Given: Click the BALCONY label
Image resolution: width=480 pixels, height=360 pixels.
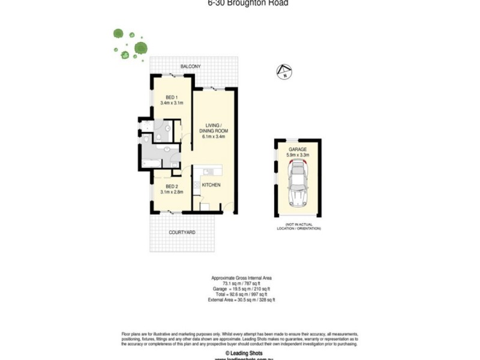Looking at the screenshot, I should (190, 66).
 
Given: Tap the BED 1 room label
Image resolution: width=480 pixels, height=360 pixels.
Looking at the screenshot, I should (171, 97).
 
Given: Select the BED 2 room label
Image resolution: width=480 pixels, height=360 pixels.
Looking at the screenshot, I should (171, 185).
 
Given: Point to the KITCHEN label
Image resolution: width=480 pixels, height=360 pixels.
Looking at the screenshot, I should (211, 185).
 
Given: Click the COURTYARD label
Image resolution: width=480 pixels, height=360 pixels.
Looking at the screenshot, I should (182, 232).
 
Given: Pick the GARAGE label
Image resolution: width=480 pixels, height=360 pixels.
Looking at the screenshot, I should (298, 148).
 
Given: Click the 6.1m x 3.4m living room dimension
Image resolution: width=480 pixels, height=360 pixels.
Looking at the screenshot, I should (213, 136).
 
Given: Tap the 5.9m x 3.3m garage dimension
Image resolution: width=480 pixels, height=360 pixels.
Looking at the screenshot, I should (298, 155).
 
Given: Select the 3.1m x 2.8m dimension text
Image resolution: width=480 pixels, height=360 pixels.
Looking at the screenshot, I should (171, 192).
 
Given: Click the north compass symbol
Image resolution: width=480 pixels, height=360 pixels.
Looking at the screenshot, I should (284, 72).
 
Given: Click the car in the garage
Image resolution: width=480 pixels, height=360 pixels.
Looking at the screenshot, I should (298, 186).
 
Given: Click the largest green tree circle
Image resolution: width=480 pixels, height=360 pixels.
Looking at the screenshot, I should (141, 47).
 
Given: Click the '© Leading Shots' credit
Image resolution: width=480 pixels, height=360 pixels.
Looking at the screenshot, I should (239, 353).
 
